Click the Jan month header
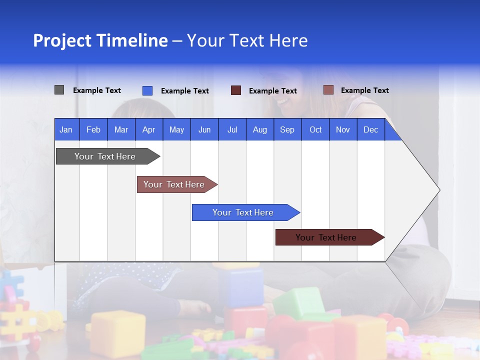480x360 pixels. (x=66, y=129)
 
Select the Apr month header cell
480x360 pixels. (x=148, y=129)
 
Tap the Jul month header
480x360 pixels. (x=232, y=129)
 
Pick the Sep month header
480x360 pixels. (x=287, y=129)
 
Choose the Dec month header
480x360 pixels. (x=370, y=129)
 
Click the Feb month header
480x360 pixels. (x=93, y=129)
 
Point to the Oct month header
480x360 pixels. (x=315, y=129)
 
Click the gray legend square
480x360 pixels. (x=59, y=90)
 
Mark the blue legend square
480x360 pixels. (x=147, y=90)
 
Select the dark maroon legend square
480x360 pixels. (x=235, y=90)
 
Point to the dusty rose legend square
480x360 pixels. (x=328, y=90)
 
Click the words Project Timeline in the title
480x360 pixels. (x=100, y=40)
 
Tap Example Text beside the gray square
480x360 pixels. (x=97, y=90)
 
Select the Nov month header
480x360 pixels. (x=342, y=129)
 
